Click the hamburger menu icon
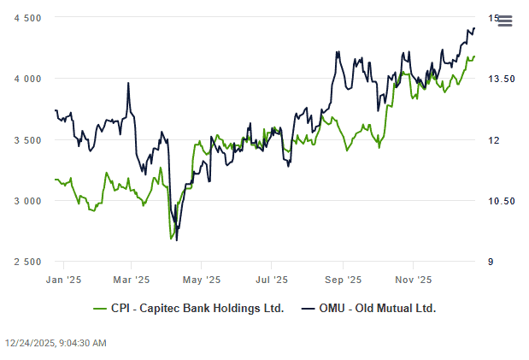pyautogui.click(x=504, y=21)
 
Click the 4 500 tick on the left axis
pyautogui.click(x=27, y=18)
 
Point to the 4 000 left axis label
pyautogui.click(x=27, y=79)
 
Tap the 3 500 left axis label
pyautogui.click(x=27, y=140)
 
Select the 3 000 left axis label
pyautogui.click(x=27, y=201)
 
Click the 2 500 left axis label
pyautogui.click(x=27, y=262)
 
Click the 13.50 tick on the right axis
pyautogui.click(x=501, y=79)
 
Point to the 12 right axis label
pyautogui.click(x=492, y=140)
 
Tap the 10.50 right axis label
pyautogui.click(x=501, y=201)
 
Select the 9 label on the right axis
pyautogui.click(x=490, y=262)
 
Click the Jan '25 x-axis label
pyautogui.click(x=63, y=279)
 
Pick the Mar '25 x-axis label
pyautogui.click(x=131, y=279)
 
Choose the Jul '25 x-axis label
pyautogui.click(x=272, y=279)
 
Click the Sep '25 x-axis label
pyautogui.click(x=343, y=279)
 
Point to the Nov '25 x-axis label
pyautogui.click(x=413, y=279)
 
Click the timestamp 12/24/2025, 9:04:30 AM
pyautogui.click(x=56, y=343)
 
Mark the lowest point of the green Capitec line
pyautogui.click(x=172, y=238)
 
